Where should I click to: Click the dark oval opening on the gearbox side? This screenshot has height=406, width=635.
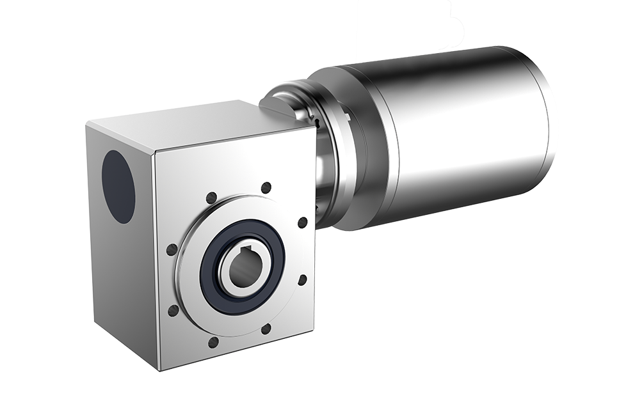point(118,186)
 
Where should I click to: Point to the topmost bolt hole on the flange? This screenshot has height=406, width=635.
point(266,187)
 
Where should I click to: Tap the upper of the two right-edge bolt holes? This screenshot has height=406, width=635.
point(302,223)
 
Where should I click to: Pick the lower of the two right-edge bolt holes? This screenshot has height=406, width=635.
point(302,279)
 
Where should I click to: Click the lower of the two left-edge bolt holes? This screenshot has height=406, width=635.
point(173,311)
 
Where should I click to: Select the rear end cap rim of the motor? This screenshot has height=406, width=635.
point(547,121)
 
